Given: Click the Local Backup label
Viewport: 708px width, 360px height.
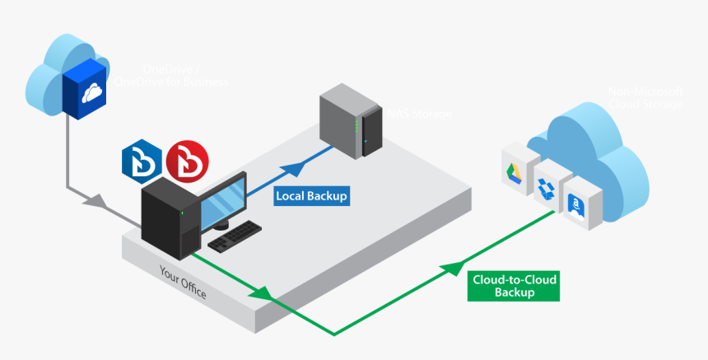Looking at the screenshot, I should [x=311, y=196].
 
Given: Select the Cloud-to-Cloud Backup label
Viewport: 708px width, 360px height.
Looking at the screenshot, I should [x=515, y=286].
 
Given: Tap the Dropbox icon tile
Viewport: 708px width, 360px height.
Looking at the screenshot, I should [x=545, y=186].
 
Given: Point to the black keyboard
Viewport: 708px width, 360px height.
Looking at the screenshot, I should [x=235, y=236].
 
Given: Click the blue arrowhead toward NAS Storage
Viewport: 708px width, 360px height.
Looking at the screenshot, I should [x=293, y=171].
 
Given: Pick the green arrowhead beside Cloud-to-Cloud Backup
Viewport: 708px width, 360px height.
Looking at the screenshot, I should [x=450, y=268].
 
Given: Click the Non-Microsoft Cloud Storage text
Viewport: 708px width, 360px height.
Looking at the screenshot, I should [x=645, y=98].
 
